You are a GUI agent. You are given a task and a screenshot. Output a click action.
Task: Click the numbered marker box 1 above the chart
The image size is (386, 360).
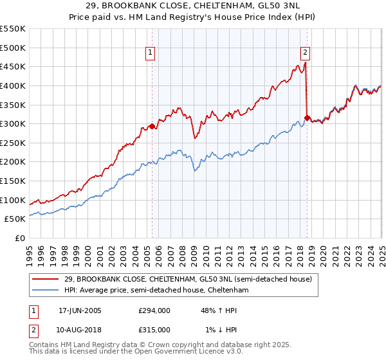tap(150, 53)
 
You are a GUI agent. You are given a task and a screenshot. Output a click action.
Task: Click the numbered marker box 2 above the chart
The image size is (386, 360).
tap(305, 53)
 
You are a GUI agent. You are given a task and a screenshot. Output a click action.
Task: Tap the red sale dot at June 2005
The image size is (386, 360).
tap(152, 126)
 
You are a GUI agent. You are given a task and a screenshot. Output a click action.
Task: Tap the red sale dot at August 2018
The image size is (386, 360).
tap(307, 118)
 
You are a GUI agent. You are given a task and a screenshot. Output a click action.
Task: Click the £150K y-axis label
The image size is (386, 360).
tap(13, 181)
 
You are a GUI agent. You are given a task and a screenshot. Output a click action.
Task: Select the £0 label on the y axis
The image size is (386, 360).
tap(20, 238)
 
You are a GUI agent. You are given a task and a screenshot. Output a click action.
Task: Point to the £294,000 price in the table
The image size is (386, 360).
tap(154, 310)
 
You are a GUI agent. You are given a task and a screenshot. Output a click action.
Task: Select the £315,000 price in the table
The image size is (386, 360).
tap(154, 329)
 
